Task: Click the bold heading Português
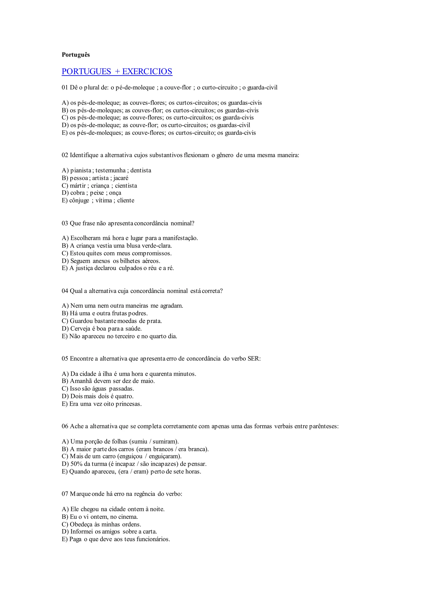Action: coord(76,55)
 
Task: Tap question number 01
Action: coord(65,88)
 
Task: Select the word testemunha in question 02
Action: coord(110,171)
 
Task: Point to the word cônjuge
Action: coord(79,201)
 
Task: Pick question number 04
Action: coord(65,291)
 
